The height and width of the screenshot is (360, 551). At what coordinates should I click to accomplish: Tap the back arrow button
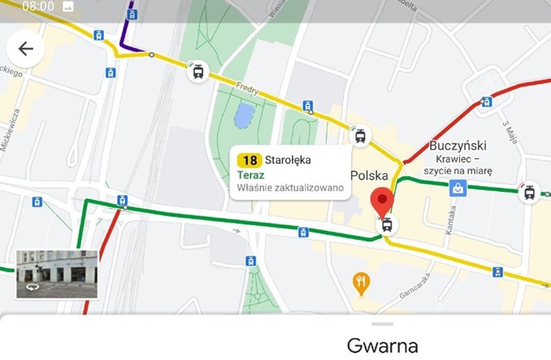click(25, 49)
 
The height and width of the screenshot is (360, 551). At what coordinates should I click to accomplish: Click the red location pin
click(382, 200)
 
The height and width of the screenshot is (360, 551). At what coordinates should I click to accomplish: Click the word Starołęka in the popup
click(288, 160)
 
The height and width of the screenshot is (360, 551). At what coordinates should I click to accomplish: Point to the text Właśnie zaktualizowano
click(290, 189)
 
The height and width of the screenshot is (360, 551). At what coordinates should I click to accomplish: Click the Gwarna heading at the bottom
click(382, 346)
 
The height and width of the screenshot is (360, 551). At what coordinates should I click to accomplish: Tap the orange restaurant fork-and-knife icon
click(362, 283)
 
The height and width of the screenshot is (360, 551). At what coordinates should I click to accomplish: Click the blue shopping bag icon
click(458, 189)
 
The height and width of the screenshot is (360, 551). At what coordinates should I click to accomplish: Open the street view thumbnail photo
click(57, 274)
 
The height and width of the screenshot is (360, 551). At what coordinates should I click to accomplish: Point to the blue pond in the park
click(243, 117)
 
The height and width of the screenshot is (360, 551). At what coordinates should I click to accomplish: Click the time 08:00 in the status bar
click(38, 7)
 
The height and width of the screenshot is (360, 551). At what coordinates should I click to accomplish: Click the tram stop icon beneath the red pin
click(386, 224)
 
